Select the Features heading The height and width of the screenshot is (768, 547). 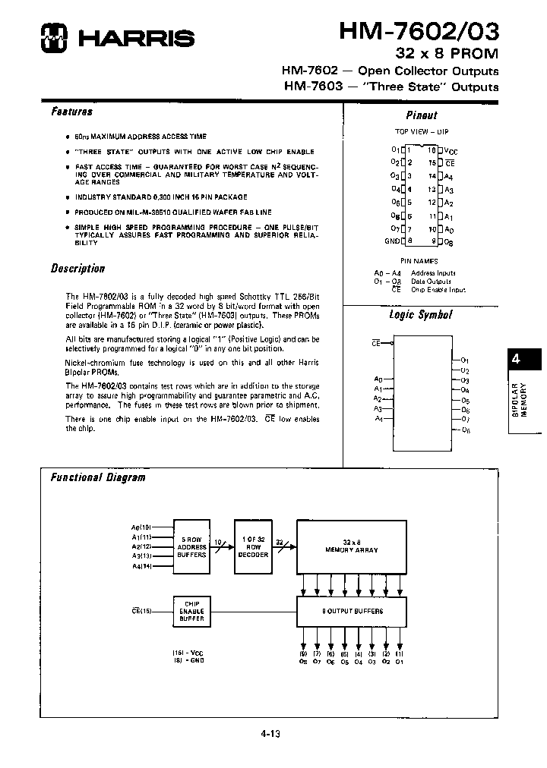[x=71, y=112]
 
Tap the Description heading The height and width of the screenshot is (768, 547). [x=77, y=269]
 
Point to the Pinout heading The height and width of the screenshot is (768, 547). [x=422, y=115]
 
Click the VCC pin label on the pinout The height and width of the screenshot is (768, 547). [x=451, y=151]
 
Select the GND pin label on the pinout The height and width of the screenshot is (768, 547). [x=393, y=241]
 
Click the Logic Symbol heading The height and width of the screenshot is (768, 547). [x=420, y=315]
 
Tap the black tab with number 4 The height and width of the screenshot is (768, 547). [x=516, y=360]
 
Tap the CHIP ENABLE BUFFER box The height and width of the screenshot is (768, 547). [x=191, y=609]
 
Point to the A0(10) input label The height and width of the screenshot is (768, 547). [x=141, y=526]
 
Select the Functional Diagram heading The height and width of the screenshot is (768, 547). [x=97, y=477]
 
